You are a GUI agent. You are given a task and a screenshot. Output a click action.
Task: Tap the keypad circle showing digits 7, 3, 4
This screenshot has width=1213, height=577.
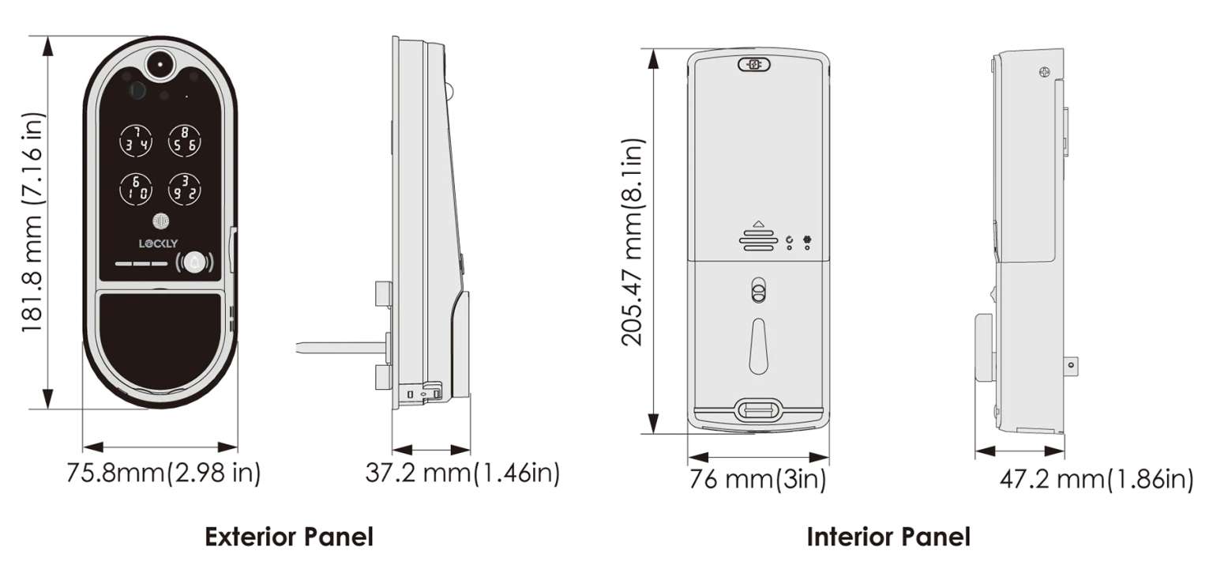point(131,140)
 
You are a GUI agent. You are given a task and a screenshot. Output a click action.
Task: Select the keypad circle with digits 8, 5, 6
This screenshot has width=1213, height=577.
point(184,140)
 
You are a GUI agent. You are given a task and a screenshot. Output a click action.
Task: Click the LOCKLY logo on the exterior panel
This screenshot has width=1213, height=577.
point(159,243)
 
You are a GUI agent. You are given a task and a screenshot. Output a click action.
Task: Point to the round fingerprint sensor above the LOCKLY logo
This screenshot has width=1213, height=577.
point(159,222)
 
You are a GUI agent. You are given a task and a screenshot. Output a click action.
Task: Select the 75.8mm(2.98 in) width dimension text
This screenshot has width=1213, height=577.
point(163,473)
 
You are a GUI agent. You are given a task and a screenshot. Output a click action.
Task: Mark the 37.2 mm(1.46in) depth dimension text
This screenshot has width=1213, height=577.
point(463,473)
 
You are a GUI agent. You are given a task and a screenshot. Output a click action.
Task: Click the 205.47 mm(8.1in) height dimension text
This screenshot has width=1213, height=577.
point(633,242)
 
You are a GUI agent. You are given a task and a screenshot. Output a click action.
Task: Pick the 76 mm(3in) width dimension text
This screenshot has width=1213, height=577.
point(757,479)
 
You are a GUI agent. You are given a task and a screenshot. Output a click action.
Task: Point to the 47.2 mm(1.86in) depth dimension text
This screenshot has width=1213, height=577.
point(1096,479)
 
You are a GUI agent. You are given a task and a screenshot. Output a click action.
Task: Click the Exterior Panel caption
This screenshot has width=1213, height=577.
point(289,537)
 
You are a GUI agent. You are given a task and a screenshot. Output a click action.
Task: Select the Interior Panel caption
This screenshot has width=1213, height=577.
point(888,537)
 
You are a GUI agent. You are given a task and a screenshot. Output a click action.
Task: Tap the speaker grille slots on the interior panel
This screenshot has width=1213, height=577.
point(758,241)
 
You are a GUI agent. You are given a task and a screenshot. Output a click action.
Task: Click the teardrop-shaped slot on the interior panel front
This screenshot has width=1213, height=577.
point(758,345)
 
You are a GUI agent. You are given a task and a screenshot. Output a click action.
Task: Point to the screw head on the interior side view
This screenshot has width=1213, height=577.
point(1045,70)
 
